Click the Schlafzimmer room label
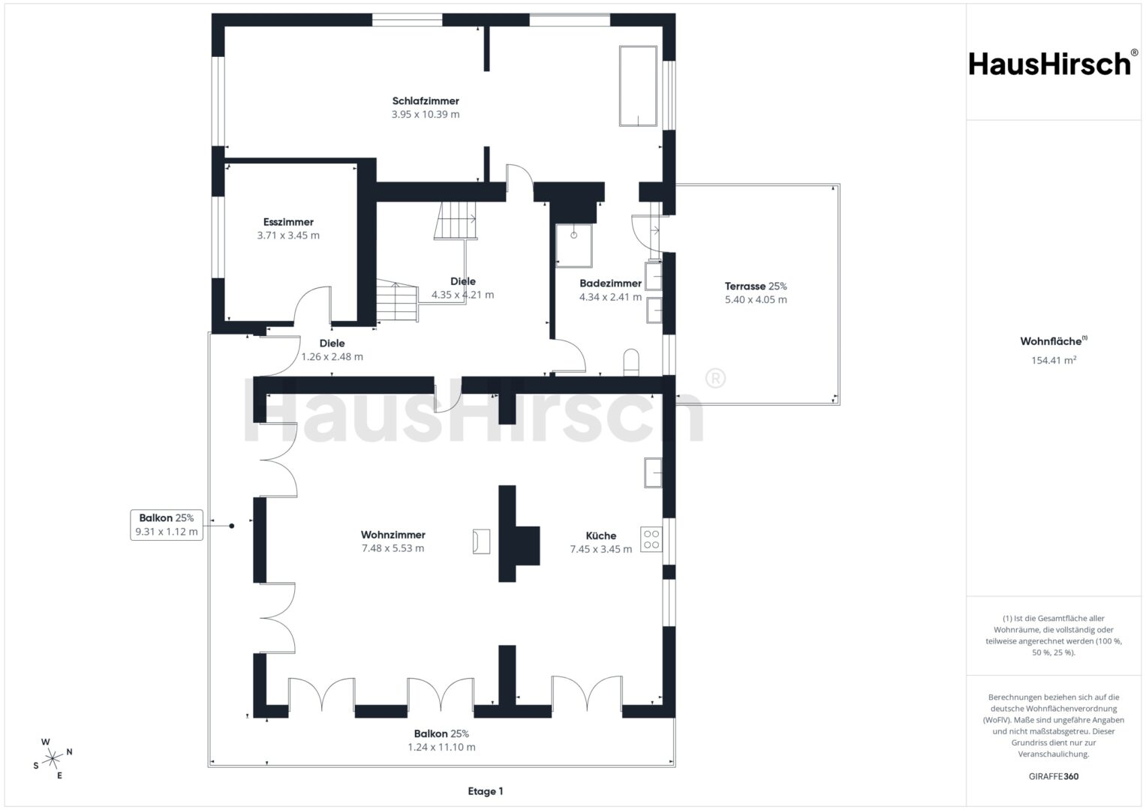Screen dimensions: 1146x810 pyautogui.click(x=425, y=101)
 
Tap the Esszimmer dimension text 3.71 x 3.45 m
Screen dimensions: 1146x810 pyautogui.click(x=288, y=235)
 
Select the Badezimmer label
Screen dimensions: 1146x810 pyautogui.click(x=610, y=283)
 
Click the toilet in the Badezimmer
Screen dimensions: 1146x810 pyautogui.click(x=631, y=362)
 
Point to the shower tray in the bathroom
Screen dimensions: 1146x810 pyautogui.click(x=574, y=245)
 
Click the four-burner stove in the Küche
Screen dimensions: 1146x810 pyautogui.click(x=651, y=539)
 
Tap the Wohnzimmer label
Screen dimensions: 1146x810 pyautogui.click(x=393, y=535)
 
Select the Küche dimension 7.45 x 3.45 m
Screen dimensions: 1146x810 pyautogui.click(x=601, y=549)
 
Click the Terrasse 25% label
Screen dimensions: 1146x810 pyautogui.click(x=756, y=286)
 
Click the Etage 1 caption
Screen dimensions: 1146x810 pyautogui.click(x=486, y=791)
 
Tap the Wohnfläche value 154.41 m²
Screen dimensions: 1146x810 pyautogui.click(x=1054, y=360)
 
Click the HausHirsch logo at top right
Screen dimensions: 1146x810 pyautogui.click(x=1054, y=64)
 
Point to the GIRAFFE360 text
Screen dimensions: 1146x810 pyautogui.click(x=1054, y=776)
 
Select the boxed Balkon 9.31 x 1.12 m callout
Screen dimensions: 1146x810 pyautogui.click(x=167, y=525)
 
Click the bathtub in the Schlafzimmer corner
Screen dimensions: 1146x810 pyautogui.click(x=638, y=86)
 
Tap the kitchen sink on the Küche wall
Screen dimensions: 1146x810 pyautogui.click(x=653, y=472)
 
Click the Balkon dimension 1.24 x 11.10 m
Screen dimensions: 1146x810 pyautogui.click(x=441, y=747)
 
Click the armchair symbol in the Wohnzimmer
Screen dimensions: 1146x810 pyautogui.click(x=481, y=541)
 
